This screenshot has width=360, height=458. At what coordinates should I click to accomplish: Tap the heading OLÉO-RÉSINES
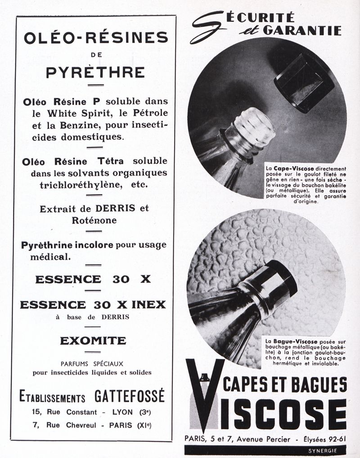[x=96, y=38]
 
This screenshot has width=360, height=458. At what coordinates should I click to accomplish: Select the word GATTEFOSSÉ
[x=130, y=396]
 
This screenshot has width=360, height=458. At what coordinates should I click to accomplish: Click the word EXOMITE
[x=93, y=340]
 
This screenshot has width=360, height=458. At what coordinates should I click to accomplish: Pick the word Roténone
[x=94, y=220]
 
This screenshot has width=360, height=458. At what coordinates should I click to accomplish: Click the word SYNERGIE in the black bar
[x=323, y=450]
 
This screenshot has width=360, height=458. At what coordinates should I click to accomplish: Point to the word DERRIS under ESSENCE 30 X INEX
[x=116, y=317]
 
